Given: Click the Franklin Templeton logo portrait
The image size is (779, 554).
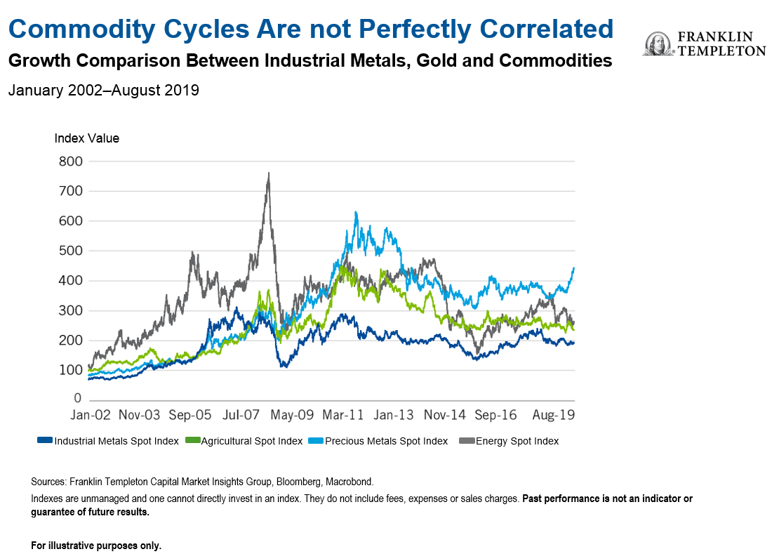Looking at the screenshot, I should pyautogui.click(x=657, y=44).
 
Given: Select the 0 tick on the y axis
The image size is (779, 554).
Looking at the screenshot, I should pyautogui.click(x=79, y=400).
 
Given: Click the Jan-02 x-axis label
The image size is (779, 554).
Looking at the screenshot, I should pyautogui.click(x=92, y=415).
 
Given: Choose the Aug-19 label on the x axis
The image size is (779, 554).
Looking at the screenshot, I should pyautogui.click(x=554, y=415).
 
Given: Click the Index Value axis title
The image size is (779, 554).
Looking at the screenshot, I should pyautogui.click(x=87, y=138).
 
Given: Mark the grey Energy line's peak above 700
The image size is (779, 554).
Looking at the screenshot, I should pyautogui.click(x=268, y=173).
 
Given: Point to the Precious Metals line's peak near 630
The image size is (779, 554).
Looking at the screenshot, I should pyautogui.click(x=356, y=212).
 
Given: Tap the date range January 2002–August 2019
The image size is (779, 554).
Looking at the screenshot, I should pyautogui.click(x=104, y=91).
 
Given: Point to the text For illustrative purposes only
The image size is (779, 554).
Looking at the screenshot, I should pyautogui.click(x=96, y=546).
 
